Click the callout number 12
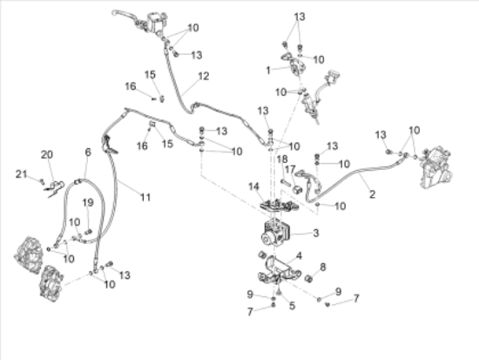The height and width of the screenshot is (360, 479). point(204,76)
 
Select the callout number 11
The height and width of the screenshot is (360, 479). point(145,197)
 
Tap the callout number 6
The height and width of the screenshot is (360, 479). point(88,152)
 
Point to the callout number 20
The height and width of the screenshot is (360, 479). point(47,154)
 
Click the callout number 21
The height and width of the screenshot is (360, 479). point(22,174)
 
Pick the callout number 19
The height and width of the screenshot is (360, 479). point(88,202)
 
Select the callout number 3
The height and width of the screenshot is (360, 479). point(316,233)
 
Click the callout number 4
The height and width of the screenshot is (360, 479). point(299,255)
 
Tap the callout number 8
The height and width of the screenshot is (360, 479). point(323,267)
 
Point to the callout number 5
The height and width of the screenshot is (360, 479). point(292,305)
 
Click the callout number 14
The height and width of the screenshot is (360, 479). point(253,187)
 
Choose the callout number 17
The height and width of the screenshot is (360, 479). point(290,169)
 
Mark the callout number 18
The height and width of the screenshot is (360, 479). point(282,159)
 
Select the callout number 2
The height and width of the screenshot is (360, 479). point(372,194)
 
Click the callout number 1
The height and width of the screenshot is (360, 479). point(268,71)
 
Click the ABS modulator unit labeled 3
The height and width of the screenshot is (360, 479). point(275,233)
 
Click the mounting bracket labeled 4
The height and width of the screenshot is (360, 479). point(277,271)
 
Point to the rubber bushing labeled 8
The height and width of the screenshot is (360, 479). point(309,278)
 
